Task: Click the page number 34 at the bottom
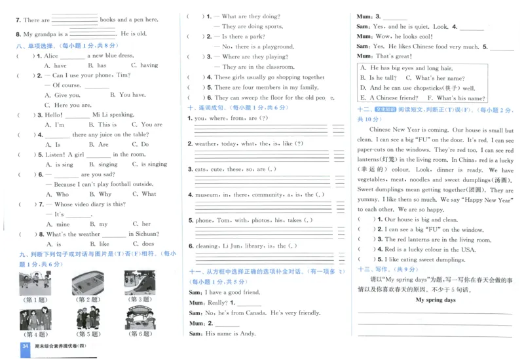click(26, 347)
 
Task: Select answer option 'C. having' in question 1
click(144, 66)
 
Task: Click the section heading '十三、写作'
click(369, 269)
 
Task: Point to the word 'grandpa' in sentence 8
click(51, 33)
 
